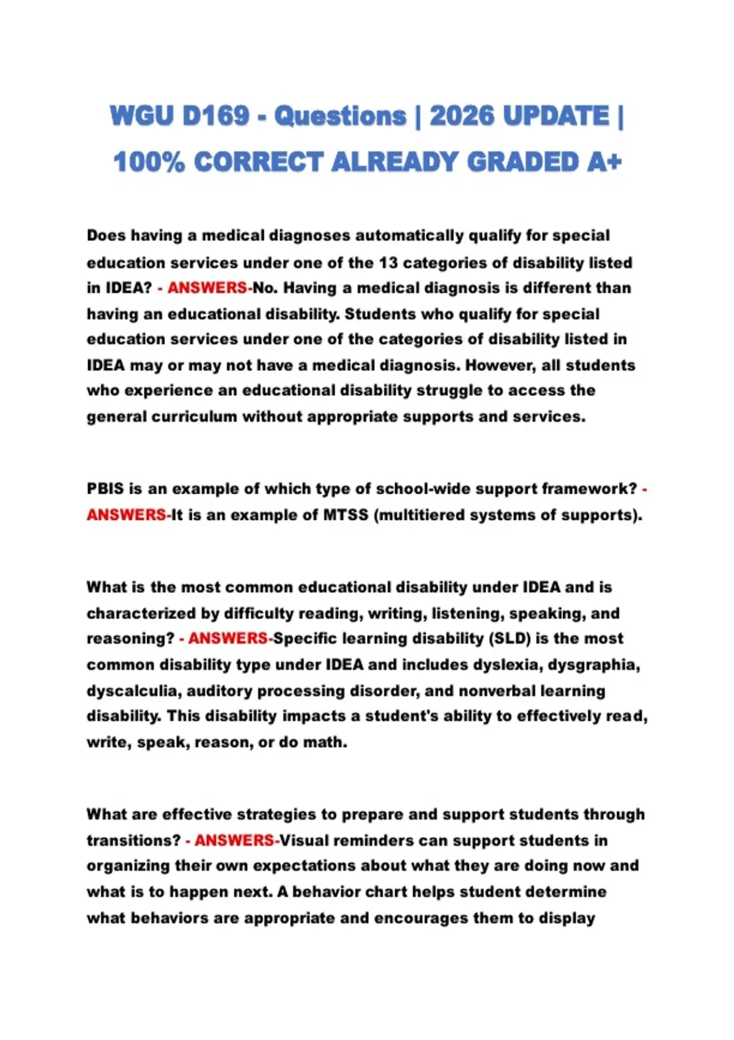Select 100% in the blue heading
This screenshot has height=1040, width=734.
point(149,162)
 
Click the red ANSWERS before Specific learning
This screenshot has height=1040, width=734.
point(228,639)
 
